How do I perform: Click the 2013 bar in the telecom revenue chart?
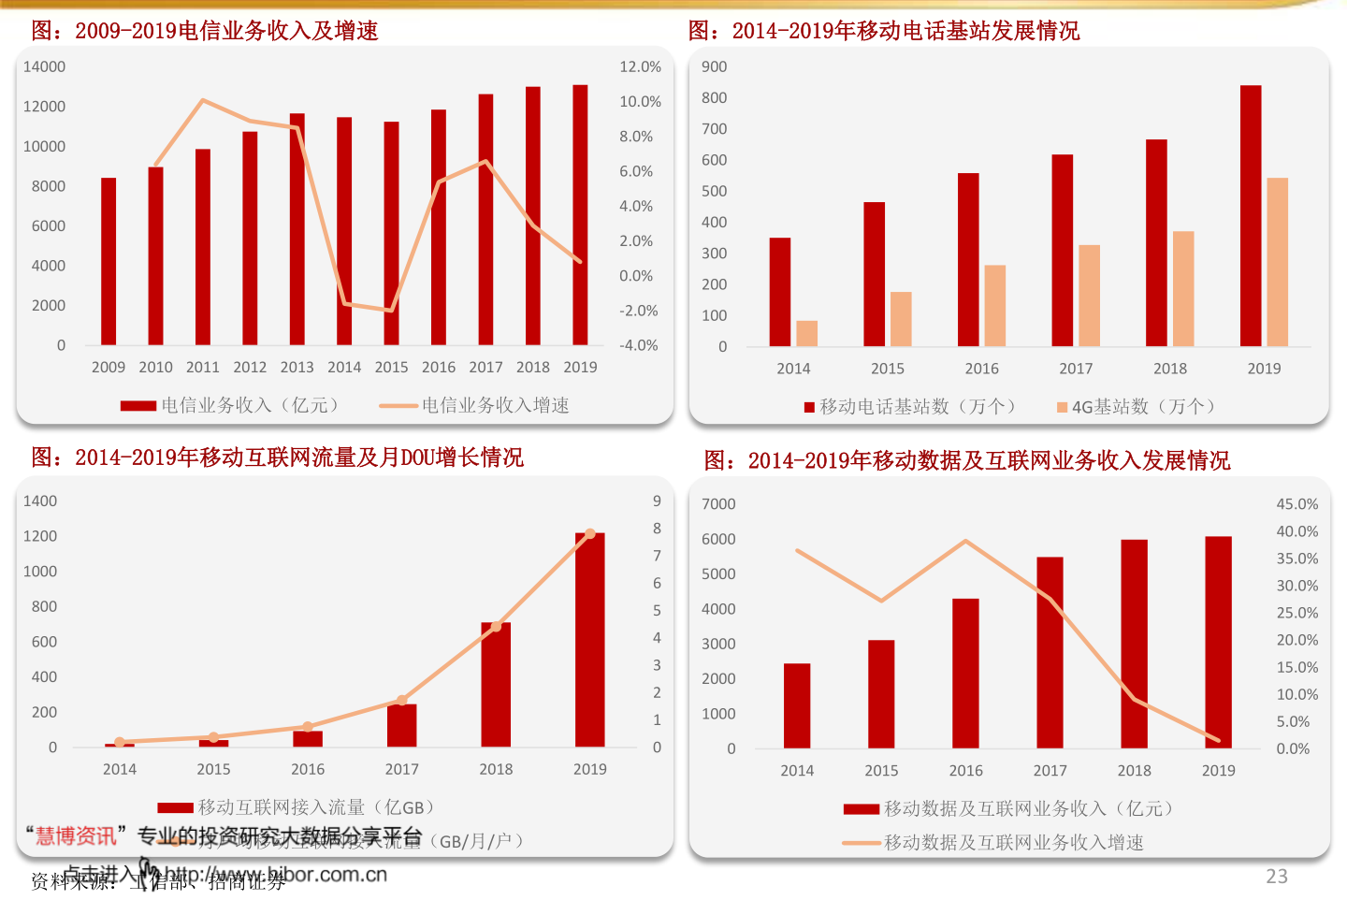297,229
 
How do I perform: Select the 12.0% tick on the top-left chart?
640,67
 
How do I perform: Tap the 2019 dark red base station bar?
1251,216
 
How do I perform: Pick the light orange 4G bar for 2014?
806,334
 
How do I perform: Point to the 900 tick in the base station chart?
714,67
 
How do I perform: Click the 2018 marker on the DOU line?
496,627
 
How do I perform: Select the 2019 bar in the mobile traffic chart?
589,640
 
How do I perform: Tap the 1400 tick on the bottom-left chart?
40,501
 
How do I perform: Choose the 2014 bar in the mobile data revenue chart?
797,706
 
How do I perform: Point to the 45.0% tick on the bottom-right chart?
1296,504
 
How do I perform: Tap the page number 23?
1277,877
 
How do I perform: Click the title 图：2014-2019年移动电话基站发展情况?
884,31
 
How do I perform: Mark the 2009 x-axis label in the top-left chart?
109,368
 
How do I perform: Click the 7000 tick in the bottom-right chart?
718,504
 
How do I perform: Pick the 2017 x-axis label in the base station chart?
1076,369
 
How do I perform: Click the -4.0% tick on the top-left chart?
638,346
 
